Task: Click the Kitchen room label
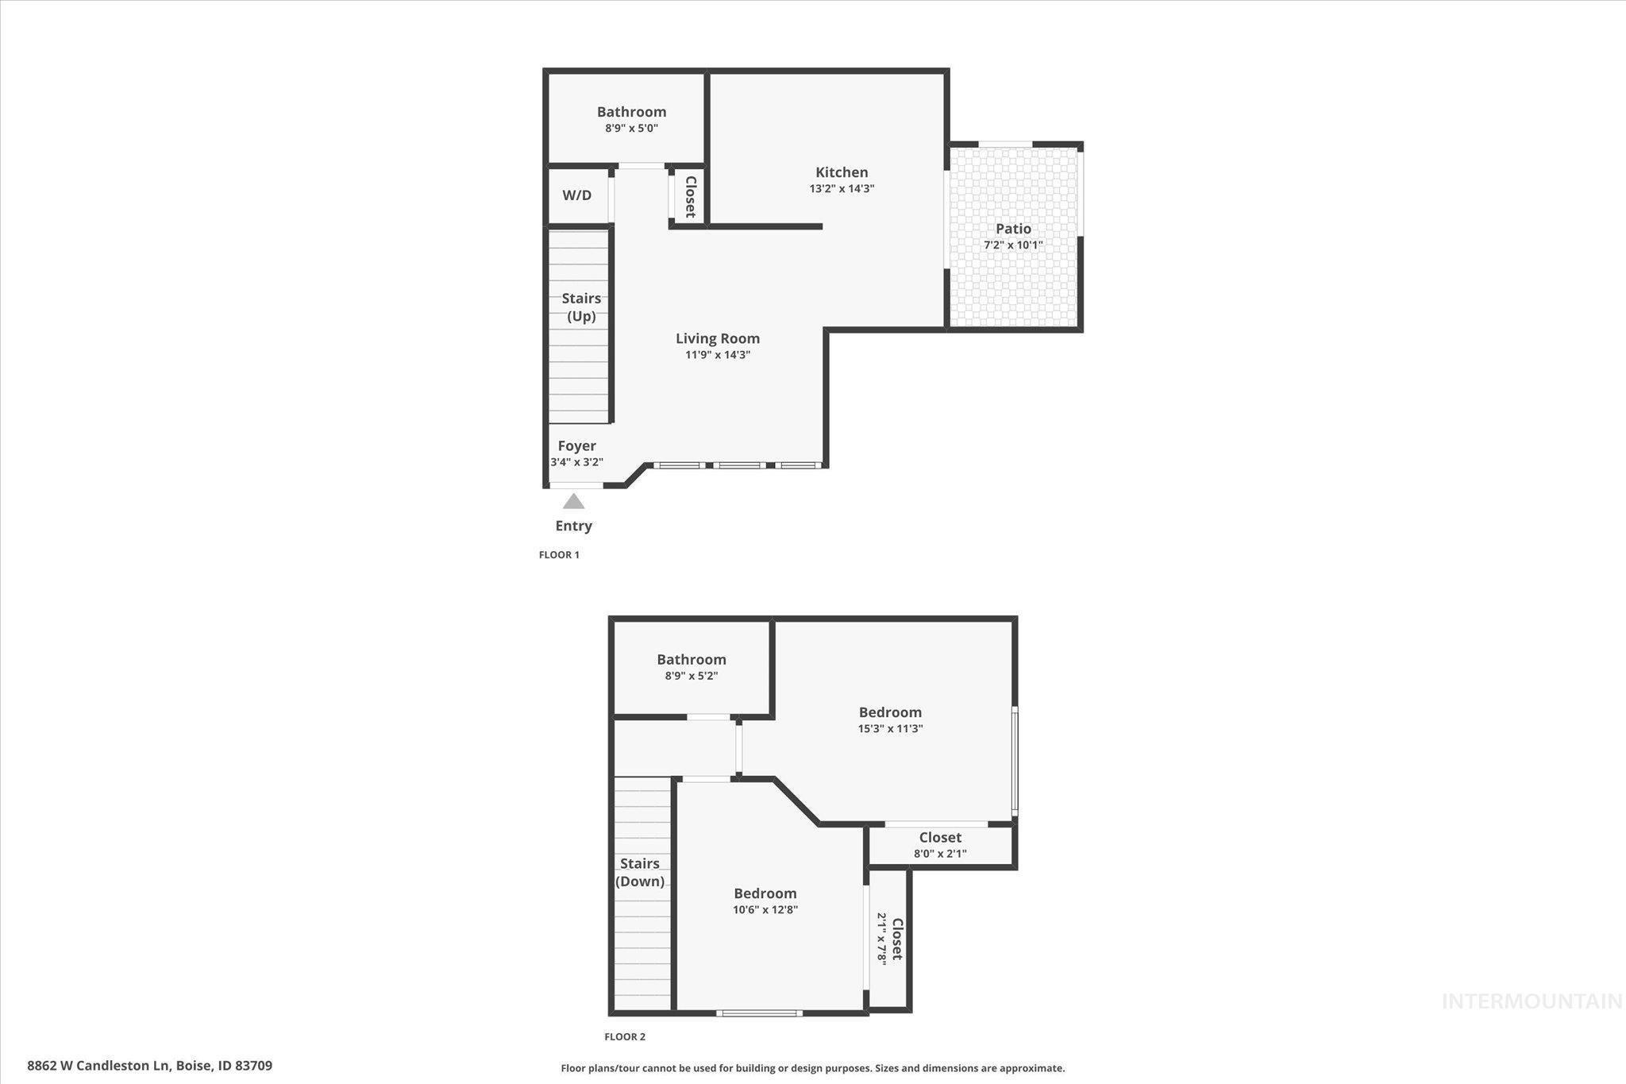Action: (x=842, y=172)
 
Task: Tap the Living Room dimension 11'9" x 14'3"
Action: (x=718, y=355)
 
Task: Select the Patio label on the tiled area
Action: (x=1013, y=229)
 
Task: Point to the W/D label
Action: (x=577, y=195)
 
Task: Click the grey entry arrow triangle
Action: (x=573, y=502)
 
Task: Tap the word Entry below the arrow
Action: (x=573, y=526)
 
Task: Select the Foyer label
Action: (x=576, y=446)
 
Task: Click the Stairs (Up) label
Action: (x=581, y=307)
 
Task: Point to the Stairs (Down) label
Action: (x=640, y=872)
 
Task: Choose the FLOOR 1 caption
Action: (x=559, y=555)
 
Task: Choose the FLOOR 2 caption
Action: (x=625, y=1036)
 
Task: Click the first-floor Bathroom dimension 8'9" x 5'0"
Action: (x=631, y=128)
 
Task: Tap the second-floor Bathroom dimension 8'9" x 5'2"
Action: (x=691, y=676)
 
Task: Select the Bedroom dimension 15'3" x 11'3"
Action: (x=890, y=728)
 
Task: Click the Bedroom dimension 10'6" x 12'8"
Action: (x=765, y=910)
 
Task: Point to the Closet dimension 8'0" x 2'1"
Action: (x=940, y=854)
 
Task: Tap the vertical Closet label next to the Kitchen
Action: (x=690, y=197)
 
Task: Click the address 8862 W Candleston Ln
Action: (x=98, y=1066)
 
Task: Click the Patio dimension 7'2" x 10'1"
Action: (x=1013, y=245)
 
